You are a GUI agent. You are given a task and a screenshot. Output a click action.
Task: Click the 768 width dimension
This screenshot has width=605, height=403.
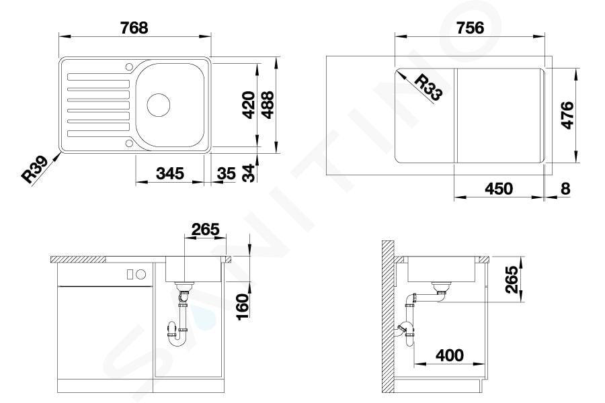134,28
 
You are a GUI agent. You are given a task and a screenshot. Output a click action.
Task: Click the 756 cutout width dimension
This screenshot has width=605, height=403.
470,28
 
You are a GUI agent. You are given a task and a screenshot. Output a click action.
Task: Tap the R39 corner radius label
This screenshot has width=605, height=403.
34,169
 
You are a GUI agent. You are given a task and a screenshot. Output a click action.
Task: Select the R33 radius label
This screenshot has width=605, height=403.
428,87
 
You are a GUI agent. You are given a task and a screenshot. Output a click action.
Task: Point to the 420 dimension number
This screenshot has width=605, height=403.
249,105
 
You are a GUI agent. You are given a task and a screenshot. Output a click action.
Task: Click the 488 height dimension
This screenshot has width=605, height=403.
267,105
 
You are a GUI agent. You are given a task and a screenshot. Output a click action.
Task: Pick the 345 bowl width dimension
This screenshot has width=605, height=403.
170,173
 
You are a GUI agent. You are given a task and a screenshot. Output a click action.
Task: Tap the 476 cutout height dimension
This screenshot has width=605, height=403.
567,116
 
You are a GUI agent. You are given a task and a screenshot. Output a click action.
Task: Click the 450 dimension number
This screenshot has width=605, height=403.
499,189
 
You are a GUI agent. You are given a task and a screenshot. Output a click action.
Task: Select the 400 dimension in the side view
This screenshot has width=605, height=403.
450,355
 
